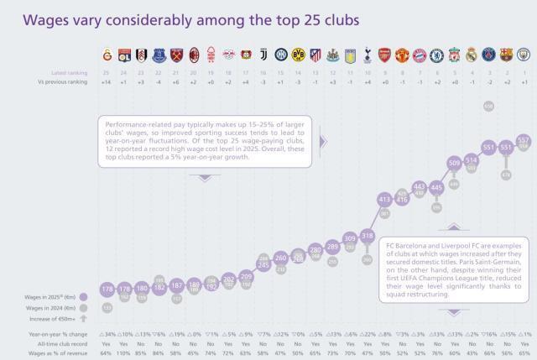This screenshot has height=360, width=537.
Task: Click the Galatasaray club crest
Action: (107, 55)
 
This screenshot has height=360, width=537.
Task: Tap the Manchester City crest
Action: (524, 55)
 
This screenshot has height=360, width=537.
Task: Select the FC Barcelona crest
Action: (506, 55)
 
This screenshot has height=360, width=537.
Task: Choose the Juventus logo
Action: (263, 55)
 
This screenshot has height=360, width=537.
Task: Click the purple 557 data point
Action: (524, 139)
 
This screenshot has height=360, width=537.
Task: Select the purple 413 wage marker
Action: (384, 200)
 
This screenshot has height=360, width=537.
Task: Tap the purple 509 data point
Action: (454, 163)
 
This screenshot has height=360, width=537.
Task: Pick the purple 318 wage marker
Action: (368, 236)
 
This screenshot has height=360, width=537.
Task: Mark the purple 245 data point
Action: (263, 264)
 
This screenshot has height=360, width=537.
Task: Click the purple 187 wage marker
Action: (176, 285)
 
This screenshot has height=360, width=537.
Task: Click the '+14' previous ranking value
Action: (107, 82)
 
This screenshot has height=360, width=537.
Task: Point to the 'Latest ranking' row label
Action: (70, 73)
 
